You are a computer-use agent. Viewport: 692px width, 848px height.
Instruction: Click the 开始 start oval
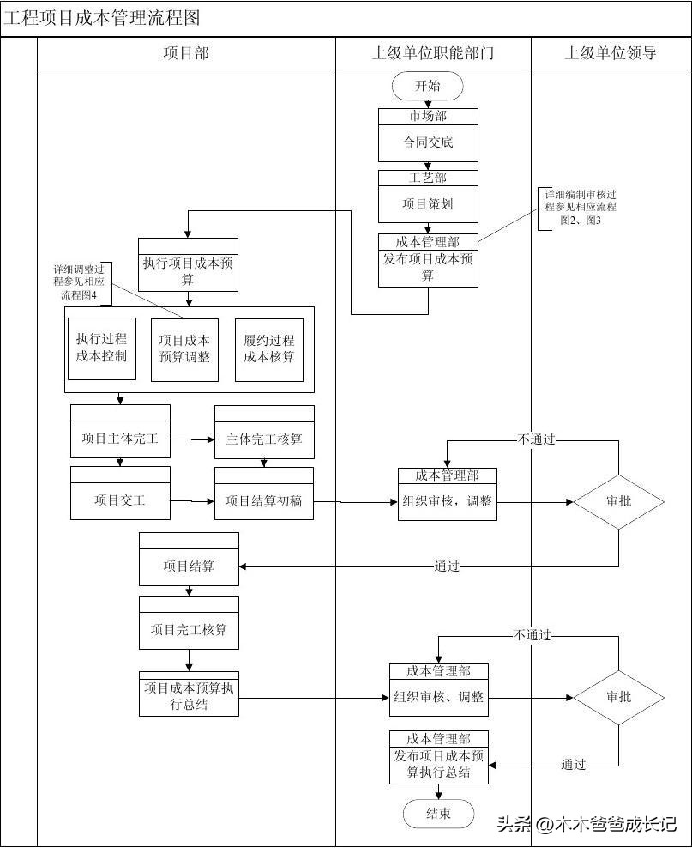point(427,86)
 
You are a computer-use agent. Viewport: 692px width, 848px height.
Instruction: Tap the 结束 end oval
point(438,814)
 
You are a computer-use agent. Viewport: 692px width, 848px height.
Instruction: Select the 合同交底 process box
point(428,142)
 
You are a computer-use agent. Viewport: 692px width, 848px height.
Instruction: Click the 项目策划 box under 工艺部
point(428,204)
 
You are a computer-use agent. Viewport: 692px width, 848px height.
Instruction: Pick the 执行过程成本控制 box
point(101,348)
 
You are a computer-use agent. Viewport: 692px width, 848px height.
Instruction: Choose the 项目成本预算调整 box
point(184,348)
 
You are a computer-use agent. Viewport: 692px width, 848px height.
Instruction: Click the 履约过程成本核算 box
point(268,348)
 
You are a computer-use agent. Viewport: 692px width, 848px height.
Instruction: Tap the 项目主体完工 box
point(120,439)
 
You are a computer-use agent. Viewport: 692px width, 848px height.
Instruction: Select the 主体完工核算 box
point(264,439)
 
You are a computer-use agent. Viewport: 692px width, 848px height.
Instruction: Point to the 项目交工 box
point(120,500)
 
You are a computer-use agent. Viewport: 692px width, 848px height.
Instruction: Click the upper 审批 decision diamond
point(618,501)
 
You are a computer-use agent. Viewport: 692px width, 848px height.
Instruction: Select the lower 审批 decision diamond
point(618,697)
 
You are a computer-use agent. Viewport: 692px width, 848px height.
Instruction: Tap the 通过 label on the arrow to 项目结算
point(447,566)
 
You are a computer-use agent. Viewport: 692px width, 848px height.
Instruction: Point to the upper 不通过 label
point(537,439)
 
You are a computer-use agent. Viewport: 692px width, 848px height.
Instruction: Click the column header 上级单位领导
point(611,53)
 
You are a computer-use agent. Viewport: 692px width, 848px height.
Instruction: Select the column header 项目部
point(186,53)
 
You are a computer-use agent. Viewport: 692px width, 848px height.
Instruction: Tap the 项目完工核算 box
point(189,630)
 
